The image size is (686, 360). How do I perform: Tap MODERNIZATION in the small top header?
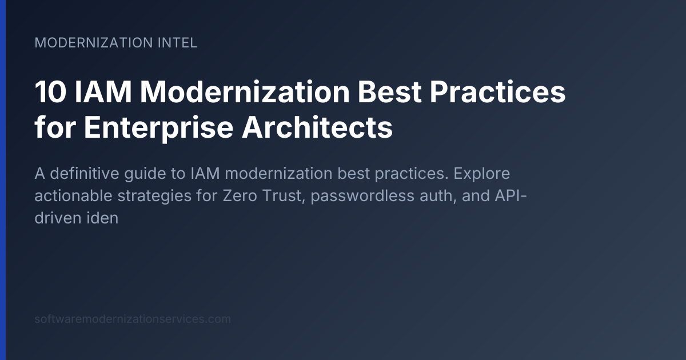[92, 43]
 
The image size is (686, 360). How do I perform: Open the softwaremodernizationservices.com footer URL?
[133, 319]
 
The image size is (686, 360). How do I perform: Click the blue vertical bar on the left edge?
[3, 180]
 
